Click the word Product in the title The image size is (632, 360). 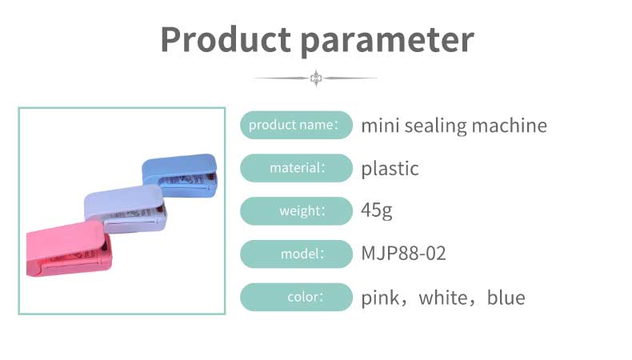pyautogui.click(x=226, y=39)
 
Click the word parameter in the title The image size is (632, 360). pyautogui.click(x=388, y=42)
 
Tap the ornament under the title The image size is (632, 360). pyautogui.click(x=316, y=78)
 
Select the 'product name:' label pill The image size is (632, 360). pyautogui.click(x=296, y=125)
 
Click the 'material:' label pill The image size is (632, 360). pyautogui.click(x=296, y=168)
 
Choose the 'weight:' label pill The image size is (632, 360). pyautogui.click(x=296, y=211)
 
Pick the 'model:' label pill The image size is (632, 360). pyautogui.click(x=296, y=254)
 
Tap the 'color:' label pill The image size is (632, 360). pyautogui.click(x=296, y=297)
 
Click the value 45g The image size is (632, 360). pyautogui.click(x=377, y=210)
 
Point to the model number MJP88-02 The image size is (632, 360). pyautogui.click(x=403, y=254)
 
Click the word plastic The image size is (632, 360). pyautogui.click(x=390, y=169)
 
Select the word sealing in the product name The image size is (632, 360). pyautogui.click(x=436, y=126)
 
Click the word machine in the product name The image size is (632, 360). pyautogui.click(x=510, y=125)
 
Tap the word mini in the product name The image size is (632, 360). pyautogui.click(x=381, y=126)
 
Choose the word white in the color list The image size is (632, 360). pyautogui.click(x=443, y=298)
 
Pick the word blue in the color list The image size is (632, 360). pyautogui.click(x=506, y=298)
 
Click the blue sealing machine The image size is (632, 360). pyautogui.click(x=180, y=175)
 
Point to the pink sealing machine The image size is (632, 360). pyautogui.click(x=70, y=248)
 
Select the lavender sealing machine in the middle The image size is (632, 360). pyautogui.click(x=125, y=208)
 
